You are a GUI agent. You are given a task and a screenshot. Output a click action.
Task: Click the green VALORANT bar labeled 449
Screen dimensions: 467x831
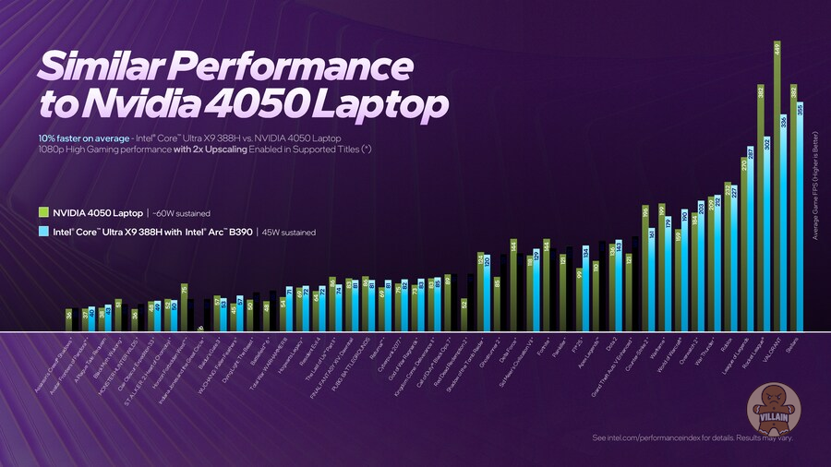(777, 185)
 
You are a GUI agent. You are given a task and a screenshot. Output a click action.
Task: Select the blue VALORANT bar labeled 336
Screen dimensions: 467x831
(784, 222)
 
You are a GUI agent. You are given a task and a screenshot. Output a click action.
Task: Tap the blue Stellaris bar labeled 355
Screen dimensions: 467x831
(801, 217)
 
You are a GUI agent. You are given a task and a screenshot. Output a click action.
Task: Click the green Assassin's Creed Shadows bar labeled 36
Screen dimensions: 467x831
(69, 319)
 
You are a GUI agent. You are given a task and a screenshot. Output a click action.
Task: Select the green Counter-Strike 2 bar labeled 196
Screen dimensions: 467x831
(645, 268)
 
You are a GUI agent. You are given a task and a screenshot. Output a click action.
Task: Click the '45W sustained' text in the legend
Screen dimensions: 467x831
(290, 233)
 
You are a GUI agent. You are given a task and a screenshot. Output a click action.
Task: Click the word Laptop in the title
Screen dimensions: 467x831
(369, 103)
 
